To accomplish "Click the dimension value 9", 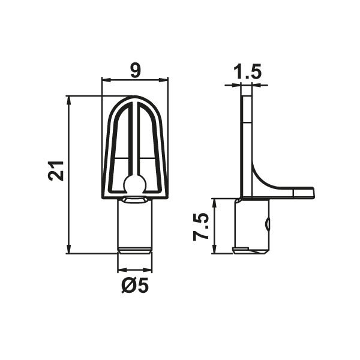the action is coord(135,70).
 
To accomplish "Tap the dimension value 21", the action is coord(56,171).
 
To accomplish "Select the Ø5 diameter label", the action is coord(135,286).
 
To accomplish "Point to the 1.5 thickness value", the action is coord(247,72).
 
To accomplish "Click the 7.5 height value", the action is coord(200,227).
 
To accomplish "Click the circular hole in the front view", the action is coord(135,183).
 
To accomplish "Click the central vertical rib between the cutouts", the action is coord(135,138).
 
